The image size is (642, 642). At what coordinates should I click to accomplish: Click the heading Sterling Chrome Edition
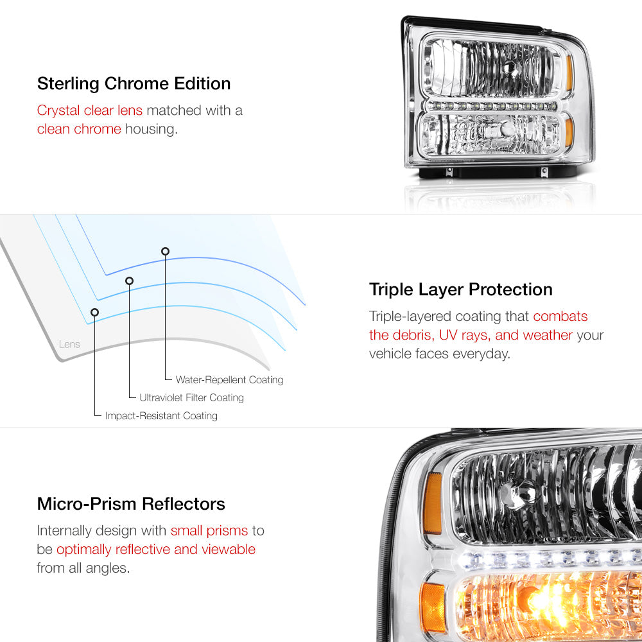coord(134,83)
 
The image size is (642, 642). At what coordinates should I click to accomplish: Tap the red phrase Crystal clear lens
coord(90,110)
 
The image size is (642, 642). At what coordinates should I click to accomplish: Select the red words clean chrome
coord(79,129)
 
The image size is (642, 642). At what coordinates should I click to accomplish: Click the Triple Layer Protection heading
coord(460,290)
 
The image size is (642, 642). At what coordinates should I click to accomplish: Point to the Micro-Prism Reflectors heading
coord(131,503)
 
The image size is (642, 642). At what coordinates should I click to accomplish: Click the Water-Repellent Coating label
coord(229,380)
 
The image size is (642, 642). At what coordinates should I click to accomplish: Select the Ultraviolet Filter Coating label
coord(191,397)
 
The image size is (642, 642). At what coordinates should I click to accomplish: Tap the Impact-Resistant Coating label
coord(161,415)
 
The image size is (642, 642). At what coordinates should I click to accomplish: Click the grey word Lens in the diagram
coord(69,344)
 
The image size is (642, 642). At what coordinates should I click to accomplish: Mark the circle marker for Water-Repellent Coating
coord(166,252)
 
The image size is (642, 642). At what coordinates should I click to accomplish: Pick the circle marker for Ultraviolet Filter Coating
coord(130,281)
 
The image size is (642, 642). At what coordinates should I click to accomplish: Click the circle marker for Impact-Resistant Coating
coord(94,313)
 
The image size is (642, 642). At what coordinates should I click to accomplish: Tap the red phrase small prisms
coord(209,531)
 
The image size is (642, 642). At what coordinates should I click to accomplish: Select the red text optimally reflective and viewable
coord(156,550)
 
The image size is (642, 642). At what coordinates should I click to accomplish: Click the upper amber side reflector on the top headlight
coord(569,73)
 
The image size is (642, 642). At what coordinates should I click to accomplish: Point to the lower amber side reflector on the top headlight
coord(569,132)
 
